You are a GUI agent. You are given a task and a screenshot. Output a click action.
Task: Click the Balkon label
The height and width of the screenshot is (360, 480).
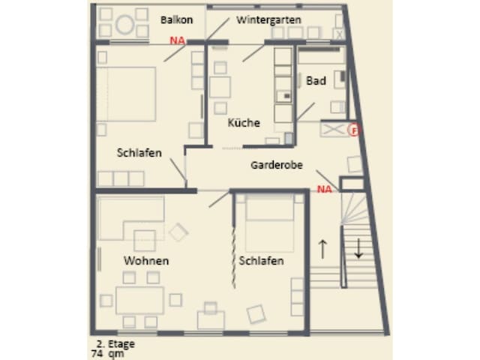click(177, 20)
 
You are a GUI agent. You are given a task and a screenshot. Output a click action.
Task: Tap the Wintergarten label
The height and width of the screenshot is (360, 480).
click(268, 20)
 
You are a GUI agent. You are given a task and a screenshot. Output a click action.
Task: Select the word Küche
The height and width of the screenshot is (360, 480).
click(244, 122)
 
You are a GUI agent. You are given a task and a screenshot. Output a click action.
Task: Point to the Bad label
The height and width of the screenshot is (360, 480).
click(316, 81)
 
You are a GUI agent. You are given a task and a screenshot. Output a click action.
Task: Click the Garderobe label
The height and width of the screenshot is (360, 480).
click(277, 165)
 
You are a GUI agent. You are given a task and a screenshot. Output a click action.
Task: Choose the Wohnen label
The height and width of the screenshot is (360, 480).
click(146, 261)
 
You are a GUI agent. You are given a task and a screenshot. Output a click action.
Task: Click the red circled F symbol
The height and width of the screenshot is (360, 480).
click(355, 130)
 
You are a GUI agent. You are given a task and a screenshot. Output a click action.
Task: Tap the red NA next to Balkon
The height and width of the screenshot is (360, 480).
click(177, 40)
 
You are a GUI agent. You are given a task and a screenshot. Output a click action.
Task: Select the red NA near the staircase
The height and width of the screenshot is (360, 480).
click(325, 189)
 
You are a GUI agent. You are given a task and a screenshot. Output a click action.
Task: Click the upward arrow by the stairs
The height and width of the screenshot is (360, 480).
click(322, 249)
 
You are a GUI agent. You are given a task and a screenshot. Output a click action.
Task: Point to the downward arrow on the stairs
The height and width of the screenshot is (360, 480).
click(358, 248)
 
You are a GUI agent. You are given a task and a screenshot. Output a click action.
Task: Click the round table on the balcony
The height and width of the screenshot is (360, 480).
click(125, 25)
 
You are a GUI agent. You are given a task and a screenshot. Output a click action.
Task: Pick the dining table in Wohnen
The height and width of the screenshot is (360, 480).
click(139, 300)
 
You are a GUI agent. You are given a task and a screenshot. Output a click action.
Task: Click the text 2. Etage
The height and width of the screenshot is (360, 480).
click(115, 343)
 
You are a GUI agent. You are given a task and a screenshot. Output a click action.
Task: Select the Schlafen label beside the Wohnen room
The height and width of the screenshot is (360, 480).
click(261, 261)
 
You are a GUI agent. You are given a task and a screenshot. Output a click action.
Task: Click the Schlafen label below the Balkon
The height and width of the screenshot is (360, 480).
click(139, 153)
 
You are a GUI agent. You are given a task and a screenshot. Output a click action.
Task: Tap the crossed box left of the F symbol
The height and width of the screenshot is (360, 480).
click(334, 130)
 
